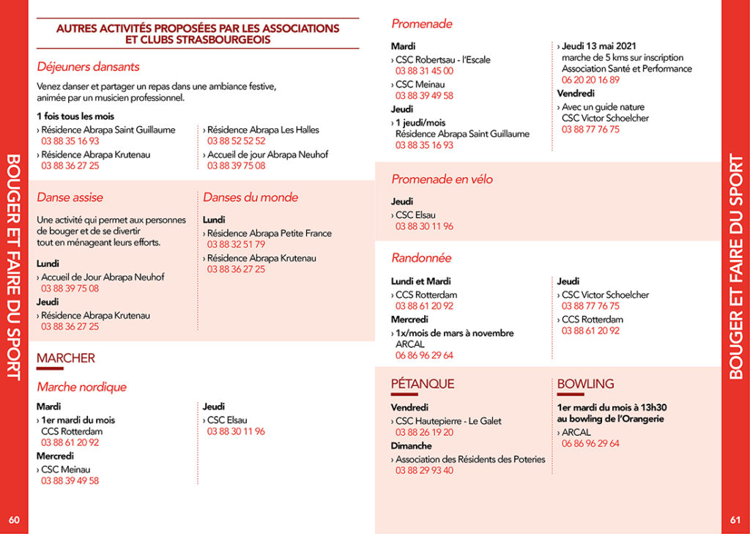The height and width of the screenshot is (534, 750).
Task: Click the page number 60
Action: pyautogui.click(x=14, y=520)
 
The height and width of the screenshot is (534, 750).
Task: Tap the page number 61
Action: pyautogui.click(x=735, y=520)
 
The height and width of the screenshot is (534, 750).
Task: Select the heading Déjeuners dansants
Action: pyautogui.click(x=88, y=67)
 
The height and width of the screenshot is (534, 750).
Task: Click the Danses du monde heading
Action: pyautogui.click(x=250, y=197)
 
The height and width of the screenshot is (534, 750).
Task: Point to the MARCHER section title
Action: pyautogui.click(x=66, y=358)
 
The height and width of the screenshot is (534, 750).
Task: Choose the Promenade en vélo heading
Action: pyautogui.click(x=442, y=179)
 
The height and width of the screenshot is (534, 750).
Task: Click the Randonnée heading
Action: pyautogui.click(x=421, y=258)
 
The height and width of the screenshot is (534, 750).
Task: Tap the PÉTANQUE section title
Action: pyautogui.click(x=423, y=384)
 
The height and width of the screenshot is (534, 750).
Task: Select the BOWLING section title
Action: pyautogui.click(x=585, y=384)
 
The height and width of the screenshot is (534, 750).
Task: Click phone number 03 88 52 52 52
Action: pyautogui.click(x=236, y=141)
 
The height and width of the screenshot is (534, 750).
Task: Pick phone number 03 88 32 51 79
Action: pyautogui.click(x=236, y=244)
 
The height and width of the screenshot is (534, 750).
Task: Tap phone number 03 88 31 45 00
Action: pyautogui.click(x=424, y=71)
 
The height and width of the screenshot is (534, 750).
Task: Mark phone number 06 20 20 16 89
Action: pyautogui.click(x=590, y=80)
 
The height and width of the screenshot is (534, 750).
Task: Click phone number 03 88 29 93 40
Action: pyautogui.click(x=424, y=470)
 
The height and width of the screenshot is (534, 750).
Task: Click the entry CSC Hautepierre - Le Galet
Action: pyautogui.click(x=448, y=421)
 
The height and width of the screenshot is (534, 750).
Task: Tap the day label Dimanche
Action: pyautogui.click(x=411, y=445)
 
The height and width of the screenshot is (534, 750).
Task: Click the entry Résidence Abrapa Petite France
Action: pyautogui.click(x=269, y=233)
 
